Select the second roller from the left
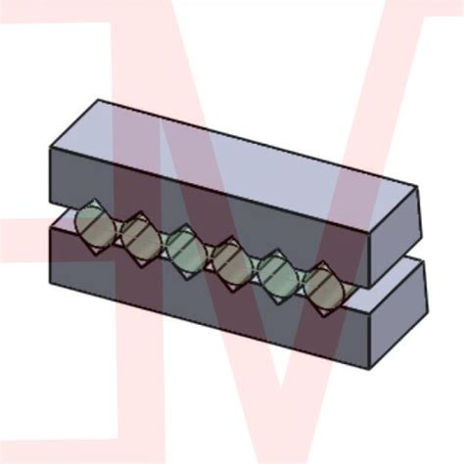click(137, 238)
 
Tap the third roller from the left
click(183, 249)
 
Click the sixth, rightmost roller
click(322, 287)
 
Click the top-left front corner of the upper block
click(49, 146)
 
